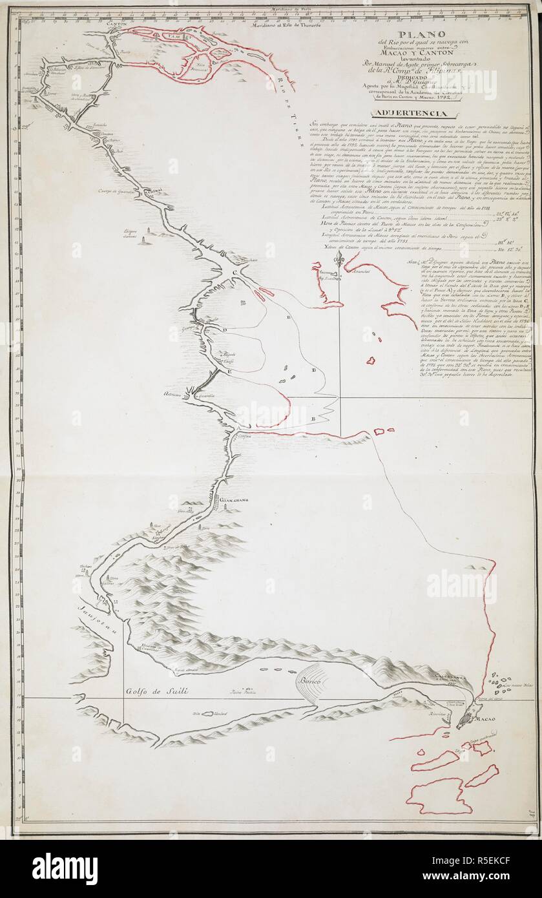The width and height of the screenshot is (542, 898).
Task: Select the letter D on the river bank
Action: click(x=225, y=329)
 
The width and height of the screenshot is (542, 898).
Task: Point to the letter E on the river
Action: click(x=229, y=373)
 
